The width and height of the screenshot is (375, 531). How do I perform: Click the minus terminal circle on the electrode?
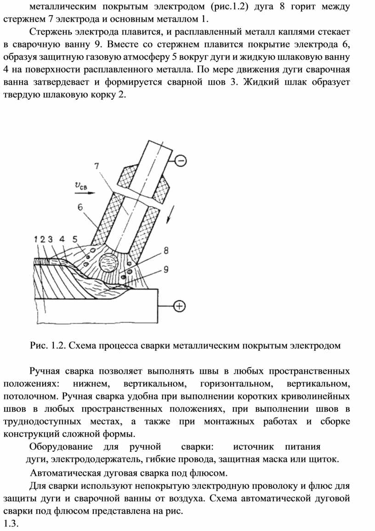point(181,160)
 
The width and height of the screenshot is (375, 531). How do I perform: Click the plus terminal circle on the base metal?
point(180,305)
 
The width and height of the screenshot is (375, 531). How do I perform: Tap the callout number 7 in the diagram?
point(96,167)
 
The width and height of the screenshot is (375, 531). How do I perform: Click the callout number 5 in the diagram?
point(74,239)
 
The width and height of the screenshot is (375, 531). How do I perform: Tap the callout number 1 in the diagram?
point(36,239)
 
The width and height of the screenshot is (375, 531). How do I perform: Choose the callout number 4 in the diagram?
point(62,239)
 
